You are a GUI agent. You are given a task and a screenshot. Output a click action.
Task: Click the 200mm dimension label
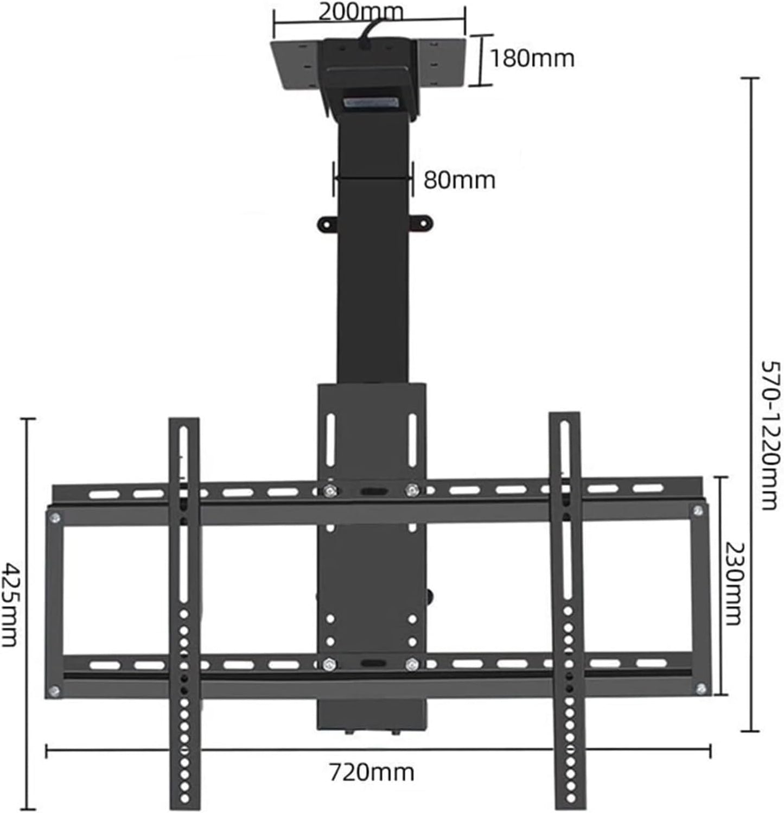(x=360, y=11)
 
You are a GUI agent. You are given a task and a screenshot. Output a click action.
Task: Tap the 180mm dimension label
(x=532, y=58)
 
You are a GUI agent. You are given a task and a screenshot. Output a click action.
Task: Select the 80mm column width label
(x=459, y=179)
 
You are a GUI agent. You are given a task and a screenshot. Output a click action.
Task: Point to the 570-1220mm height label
(x=769, y=434)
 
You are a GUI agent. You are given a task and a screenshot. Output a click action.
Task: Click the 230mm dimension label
(x=732, y=583)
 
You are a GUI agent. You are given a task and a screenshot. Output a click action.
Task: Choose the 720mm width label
(x=372, y=772)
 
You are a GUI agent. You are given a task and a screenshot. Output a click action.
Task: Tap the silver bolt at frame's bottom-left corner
(x=54, y=691)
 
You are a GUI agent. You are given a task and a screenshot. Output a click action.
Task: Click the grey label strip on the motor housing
(x=371, y=103)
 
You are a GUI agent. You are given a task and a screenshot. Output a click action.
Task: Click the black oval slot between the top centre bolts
(x=371, y=491)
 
